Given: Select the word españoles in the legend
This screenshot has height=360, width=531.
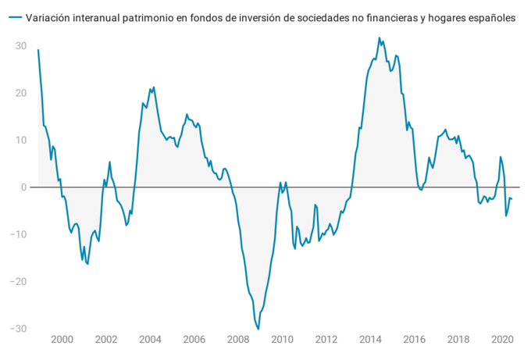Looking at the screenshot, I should (490, 17).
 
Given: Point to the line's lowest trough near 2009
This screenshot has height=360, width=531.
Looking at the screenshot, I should (258, 329).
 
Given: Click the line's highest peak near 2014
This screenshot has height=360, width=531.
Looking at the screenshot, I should (380, 37).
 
